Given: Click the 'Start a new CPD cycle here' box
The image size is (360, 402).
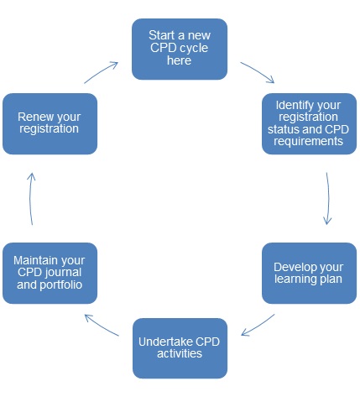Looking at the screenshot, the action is pos(180,50).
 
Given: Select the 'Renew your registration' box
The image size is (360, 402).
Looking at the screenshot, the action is pos(50,123).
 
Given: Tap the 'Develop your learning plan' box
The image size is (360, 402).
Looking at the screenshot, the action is pos(309,273).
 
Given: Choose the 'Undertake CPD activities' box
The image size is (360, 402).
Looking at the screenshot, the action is pos(180,348).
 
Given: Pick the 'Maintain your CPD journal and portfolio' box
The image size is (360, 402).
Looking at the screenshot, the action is pos(50,273).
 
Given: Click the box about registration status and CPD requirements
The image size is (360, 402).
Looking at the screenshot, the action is pos(309,123).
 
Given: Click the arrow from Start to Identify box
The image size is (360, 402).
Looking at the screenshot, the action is pos(258,71).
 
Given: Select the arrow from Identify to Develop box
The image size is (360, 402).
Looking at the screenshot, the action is pos(328,199).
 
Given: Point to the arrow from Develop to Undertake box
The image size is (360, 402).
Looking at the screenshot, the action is pos(258,326).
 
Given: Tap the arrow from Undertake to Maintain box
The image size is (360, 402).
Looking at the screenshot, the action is pos(102,325).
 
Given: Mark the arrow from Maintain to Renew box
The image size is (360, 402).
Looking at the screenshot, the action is pos(30,199).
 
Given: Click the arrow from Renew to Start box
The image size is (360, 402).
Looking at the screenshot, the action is pos(102,72).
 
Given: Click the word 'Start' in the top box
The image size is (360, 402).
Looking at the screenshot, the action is pos(162,35).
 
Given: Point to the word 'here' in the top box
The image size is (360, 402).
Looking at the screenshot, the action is pos(179,60).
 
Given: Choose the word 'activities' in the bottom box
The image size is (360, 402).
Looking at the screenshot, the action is pos(180,353).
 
